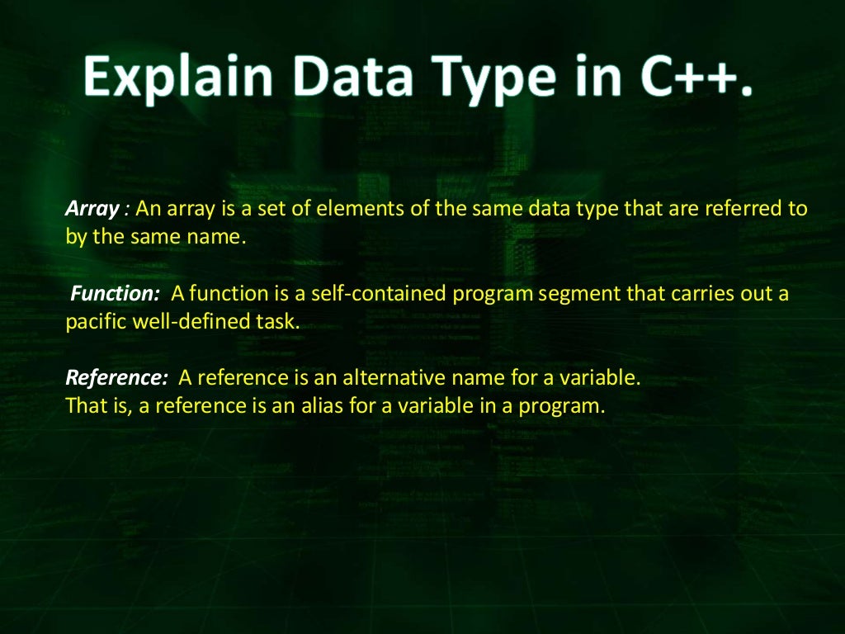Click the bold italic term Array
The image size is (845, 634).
(x=92, y=209)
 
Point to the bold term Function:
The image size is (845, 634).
(x=115, y=294)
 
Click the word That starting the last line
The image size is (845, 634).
(x=83, y=406)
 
